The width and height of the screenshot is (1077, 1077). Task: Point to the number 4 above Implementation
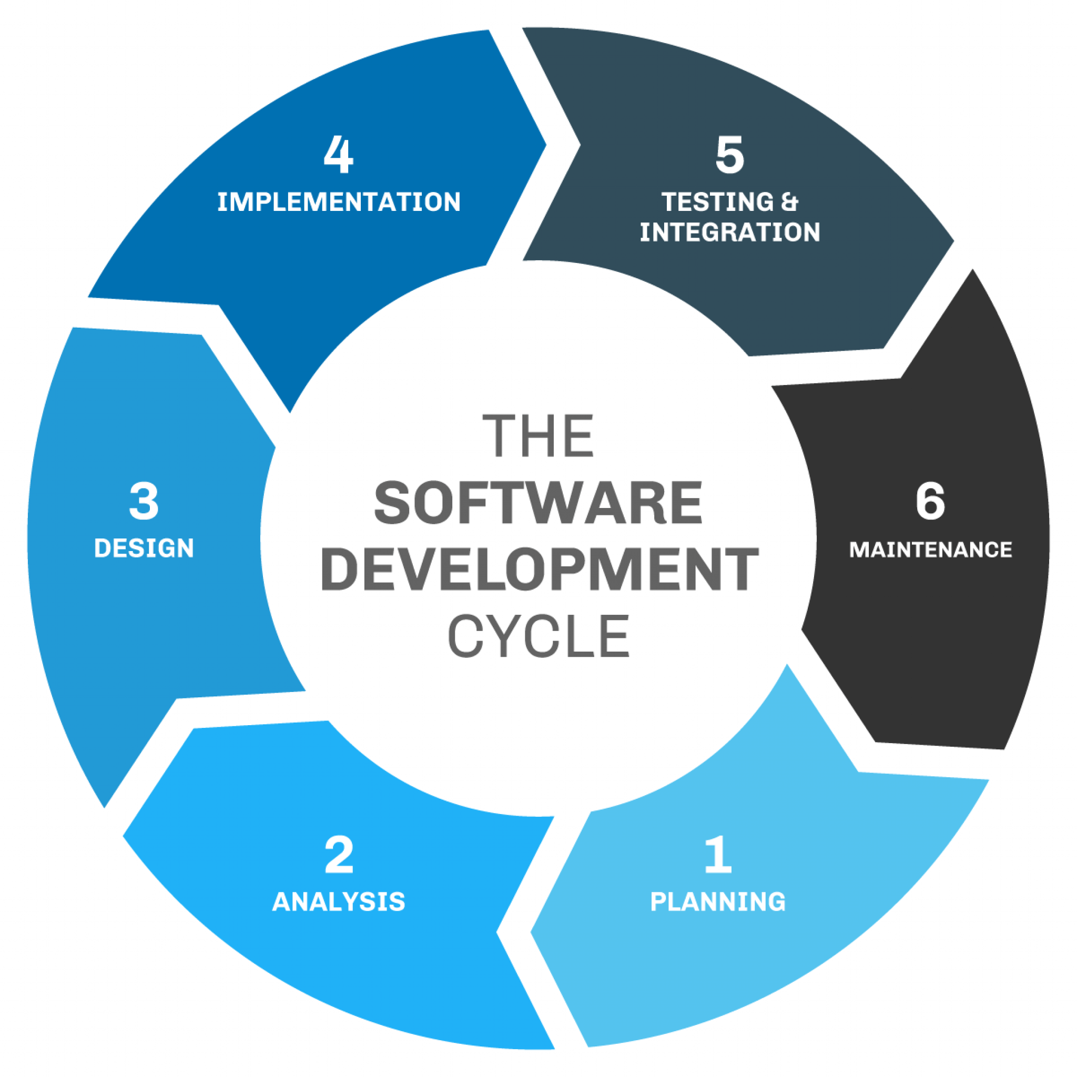338,155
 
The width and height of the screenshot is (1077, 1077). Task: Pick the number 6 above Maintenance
930,501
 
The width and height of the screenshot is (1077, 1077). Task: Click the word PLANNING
718,902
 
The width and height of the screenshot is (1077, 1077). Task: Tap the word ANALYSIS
339,902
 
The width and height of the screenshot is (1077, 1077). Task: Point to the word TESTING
718,202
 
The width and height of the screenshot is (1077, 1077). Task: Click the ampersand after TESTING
789,202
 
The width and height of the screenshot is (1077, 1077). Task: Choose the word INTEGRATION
730,232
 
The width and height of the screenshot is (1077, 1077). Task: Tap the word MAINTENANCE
930,550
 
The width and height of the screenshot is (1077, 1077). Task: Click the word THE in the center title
538,436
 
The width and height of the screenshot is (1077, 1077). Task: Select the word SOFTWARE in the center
538,503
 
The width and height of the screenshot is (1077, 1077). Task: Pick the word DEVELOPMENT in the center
539,569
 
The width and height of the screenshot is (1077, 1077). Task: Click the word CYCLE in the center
539,636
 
